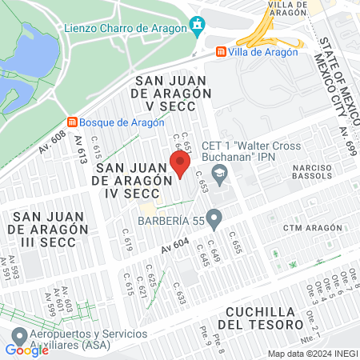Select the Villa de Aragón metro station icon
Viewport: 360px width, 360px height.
[219, 52]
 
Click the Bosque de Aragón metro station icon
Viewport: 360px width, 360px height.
[73, 122]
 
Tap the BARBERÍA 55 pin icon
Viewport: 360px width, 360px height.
[214, 218]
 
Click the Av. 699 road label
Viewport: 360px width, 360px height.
[345, 141]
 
